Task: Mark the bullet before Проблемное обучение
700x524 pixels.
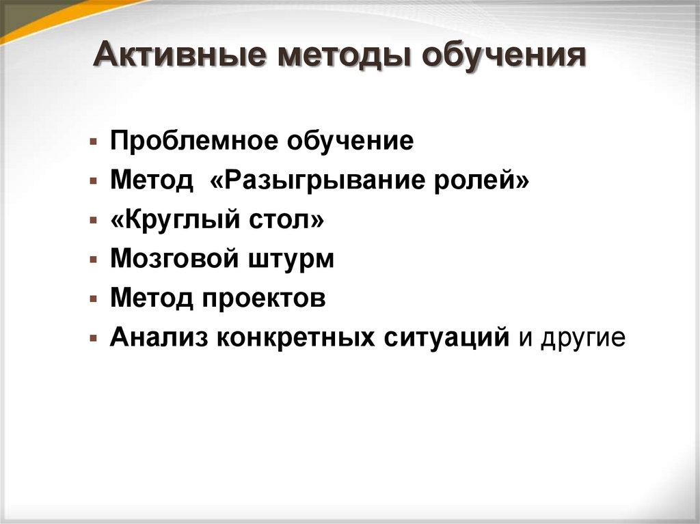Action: click(92, 143)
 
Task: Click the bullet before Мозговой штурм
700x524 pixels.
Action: click(92, 261)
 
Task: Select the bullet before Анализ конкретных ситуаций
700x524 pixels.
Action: click(92, 339)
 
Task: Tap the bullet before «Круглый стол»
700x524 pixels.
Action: click(92, 222)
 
